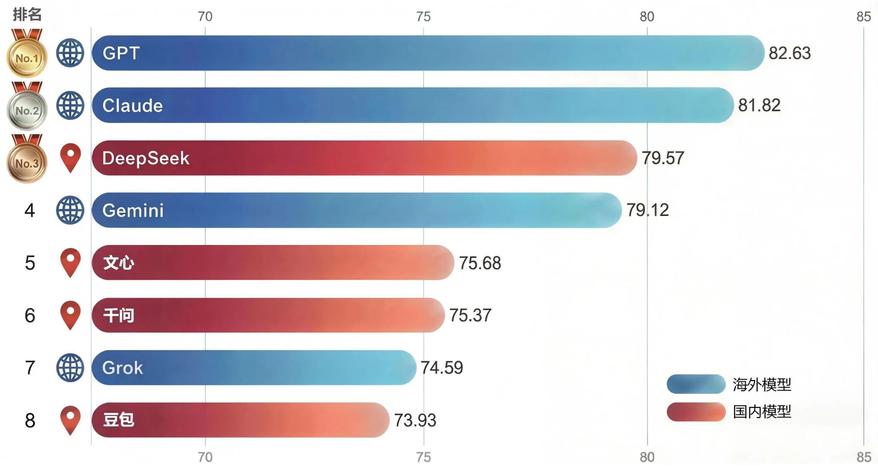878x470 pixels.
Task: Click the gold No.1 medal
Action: (27, 57)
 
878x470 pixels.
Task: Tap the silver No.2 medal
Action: (27, 110)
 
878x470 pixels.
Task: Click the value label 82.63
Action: (789, 53)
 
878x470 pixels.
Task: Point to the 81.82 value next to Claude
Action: (759, 105)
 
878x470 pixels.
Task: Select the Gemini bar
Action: (356, 210)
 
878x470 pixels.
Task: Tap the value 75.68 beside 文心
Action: (480, 263)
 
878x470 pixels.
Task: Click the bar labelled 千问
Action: (268, 315)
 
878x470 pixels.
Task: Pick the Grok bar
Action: (253, 368)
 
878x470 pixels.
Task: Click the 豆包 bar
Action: (240, 420)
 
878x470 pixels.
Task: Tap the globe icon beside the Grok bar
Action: (70, 368)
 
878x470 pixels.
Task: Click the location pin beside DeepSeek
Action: (71, 157)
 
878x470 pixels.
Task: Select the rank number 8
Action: (30, 420)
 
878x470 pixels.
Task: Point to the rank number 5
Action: (30, 263)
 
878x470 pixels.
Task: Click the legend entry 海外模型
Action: (761, 384)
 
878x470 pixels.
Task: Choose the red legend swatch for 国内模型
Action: (696, 412)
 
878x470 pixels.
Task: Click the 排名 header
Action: (27, 15)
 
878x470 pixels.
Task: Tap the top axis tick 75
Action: (423, 17)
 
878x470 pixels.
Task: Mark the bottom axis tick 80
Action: (647, 457)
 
